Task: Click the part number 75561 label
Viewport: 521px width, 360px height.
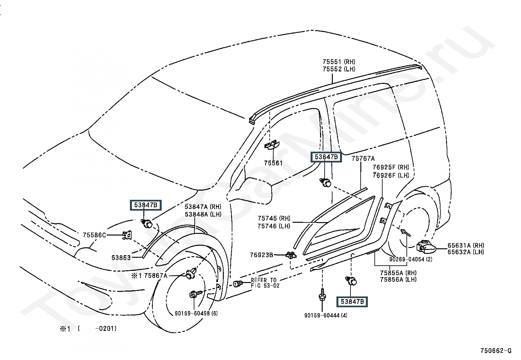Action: coord(273,163)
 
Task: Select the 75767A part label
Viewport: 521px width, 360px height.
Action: coord(363,159)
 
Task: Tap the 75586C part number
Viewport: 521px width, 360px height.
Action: coord(94,235)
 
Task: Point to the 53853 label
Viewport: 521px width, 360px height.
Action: coord(121,258)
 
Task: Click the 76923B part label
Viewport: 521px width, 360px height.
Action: coord(261,255)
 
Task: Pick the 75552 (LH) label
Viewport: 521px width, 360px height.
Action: coord(339,69)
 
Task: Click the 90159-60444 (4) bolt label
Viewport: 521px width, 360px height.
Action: coord(326,315)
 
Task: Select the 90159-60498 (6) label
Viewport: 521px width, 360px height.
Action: coord(196,313)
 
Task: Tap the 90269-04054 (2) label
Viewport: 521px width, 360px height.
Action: coord(411,259)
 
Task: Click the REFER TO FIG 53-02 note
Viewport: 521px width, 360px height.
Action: coord(264,283)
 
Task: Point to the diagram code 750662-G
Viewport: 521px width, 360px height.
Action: coord(495,351)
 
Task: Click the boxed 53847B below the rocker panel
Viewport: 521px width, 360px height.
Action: coord(352,302)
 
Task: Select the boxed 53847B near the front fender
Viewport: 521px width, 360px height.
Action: coord(146,205)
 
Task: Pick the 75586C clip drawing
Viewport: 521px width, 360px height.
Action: coord(127,235)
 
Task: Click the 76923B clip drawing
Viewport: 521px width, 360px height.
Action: coord(290,255)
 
